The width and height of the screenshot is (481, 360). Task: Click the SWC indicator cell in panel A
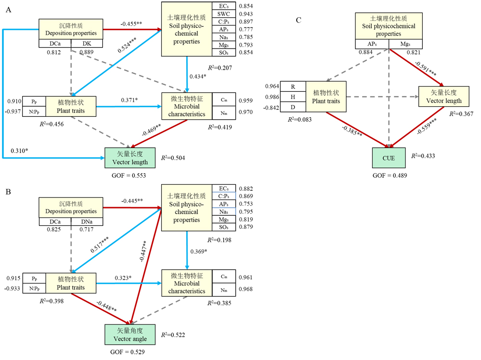pos(224,14)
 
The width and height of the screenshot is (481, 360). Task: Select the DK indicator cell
pos(87,44)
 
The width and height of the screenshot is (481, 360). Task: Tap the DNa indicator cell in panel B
pos(87,222)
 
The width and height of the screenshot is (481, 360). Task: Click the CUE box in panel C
pos(389,158)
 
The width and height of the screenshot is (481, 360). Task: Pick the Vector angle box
pos(130,335)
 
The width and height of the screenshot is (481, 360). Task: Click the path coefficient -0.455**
pos(131,24)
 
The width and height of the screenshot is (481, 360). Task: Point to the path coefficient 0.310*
pos(19,150)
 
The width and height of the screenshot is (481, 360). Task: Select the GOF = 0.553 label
pos(129,175)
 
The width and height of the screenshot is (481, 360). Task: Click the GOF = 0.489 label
pos(390,175)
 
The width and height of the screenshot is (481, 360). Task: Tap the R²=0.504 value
pos(173,158)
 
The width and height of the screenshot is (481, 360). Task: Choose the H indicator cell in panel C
pos(293,97)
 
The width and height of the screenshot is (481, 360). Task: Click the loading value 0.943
pos(246,14)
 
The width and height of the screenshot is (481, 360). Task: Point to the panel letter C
pos(299,20)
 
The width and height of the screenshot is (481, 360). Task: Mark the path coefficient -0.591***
pos(426,68)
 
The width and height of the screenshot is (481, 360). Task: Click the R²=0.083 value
pos(300,120)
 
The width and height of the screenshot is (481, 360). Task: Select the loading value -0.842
pos(271,108)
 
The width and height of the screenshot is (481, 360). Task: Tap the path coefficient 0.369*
pos(199,251)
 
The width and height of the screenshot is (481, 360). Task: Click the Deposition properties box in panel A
pos(71,29)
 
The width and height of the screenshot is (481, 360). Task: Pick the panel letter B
pos(8,192)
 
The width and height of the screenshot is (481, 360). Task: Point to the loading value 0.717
pos(87,229)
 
